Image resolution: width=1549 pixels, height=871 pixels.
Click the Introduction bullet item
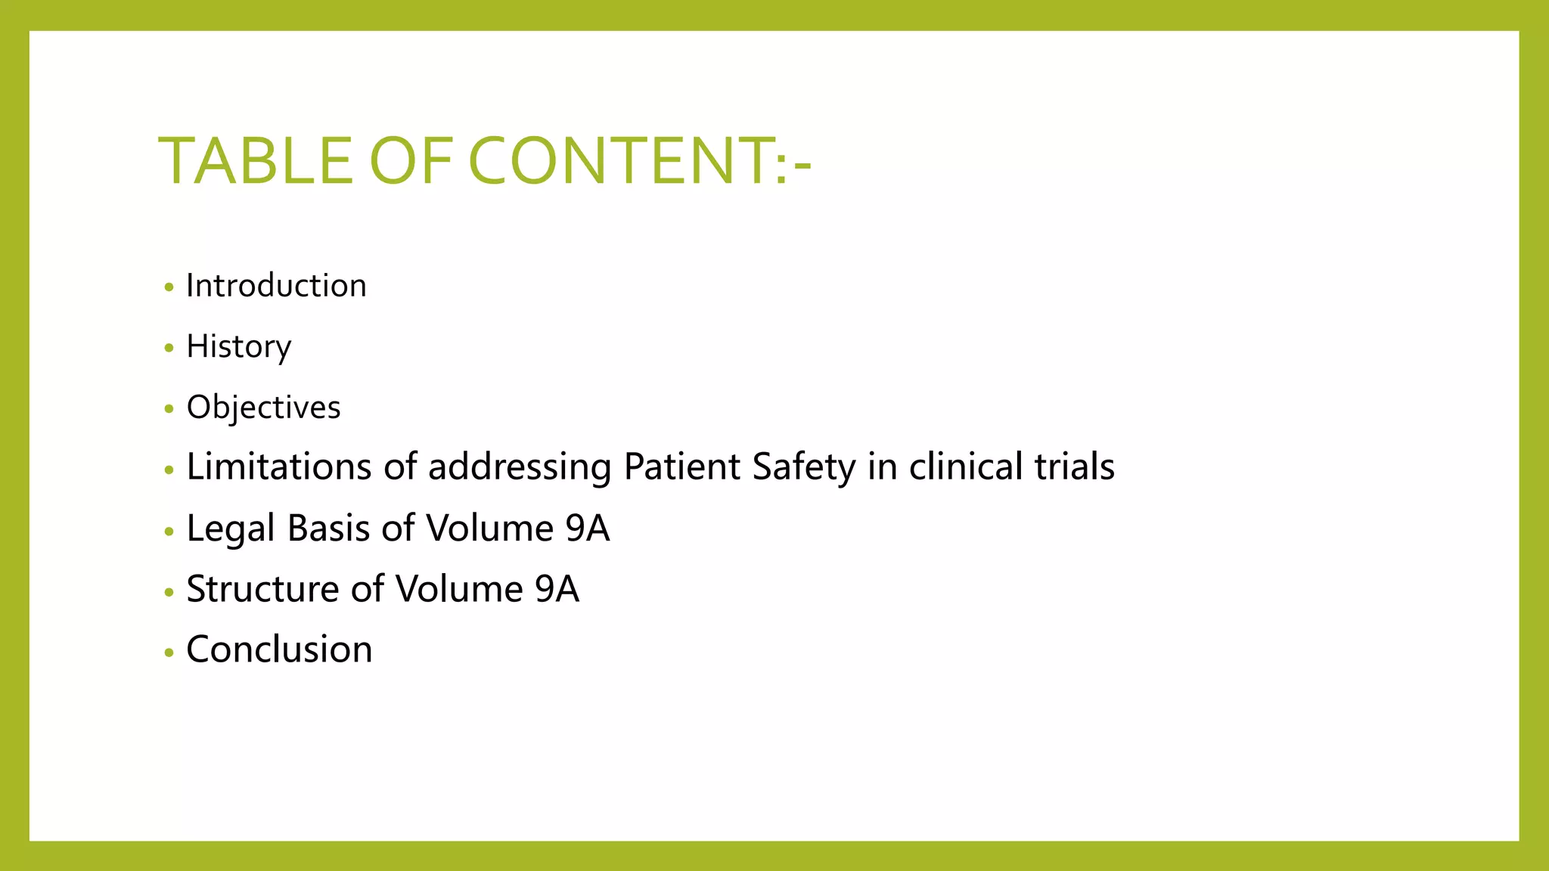pos(276,286)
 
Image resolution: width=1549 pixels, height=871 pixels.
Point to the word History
pos(238,347)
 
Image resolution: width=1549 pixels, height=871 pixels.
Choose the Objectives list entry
pos(263,408)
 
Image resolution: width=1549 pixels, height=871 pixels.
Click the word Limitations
pos(278,466)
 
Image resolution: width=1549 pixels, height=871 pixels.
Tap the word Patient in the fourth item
pos(681,466)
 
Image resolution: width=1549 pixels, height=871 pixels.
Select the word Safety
pos(803,466)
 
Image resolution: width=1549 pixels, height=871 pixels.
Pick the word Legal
pos(230,528)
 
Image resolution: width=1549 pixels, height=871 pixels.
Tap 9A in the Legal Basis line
pos(587,528)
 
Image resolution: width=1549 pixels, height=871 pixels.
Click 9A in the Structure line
pos(557,589)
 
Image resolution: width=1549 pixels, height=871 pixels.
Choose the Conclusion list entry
pos(279,649)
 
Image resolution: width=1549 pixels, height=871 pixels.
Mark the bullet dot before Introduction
pos(169,287)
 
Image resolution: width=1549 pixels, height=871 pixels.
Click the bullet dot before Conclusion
pos(169,652)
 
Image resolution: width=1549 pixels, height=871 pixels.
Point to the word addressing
pos(520,466)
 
